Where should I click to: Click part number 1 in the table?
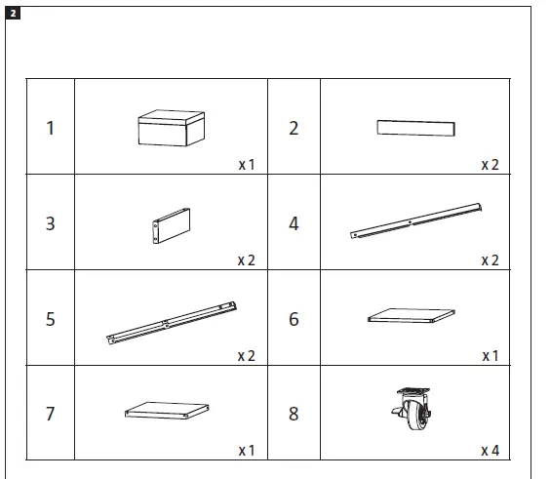(x=50, y=128)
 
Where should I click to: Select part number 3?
(x=50, y=223)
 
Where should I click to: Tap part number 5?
(x=50, y=319)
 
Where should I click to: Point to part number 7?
(x=50, y=414)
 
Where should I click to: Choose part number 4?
(x=294, y=223)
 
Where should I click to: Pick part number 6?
(x=294, y=319)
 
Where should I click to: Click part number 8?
(x=294, y=414)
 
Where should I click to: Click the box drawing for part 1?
(x=171, y=128)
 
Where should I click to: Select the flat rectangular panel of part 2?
(x=415, y=129)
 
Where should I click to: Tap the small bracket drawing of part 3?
(x=170, y=226)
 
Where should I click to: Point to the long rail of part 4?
(x=416, y=220)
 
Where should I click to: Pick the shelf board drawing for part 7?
(x=171, y=411)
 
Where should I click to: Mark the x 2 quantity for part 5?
(x=246, y=356)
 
